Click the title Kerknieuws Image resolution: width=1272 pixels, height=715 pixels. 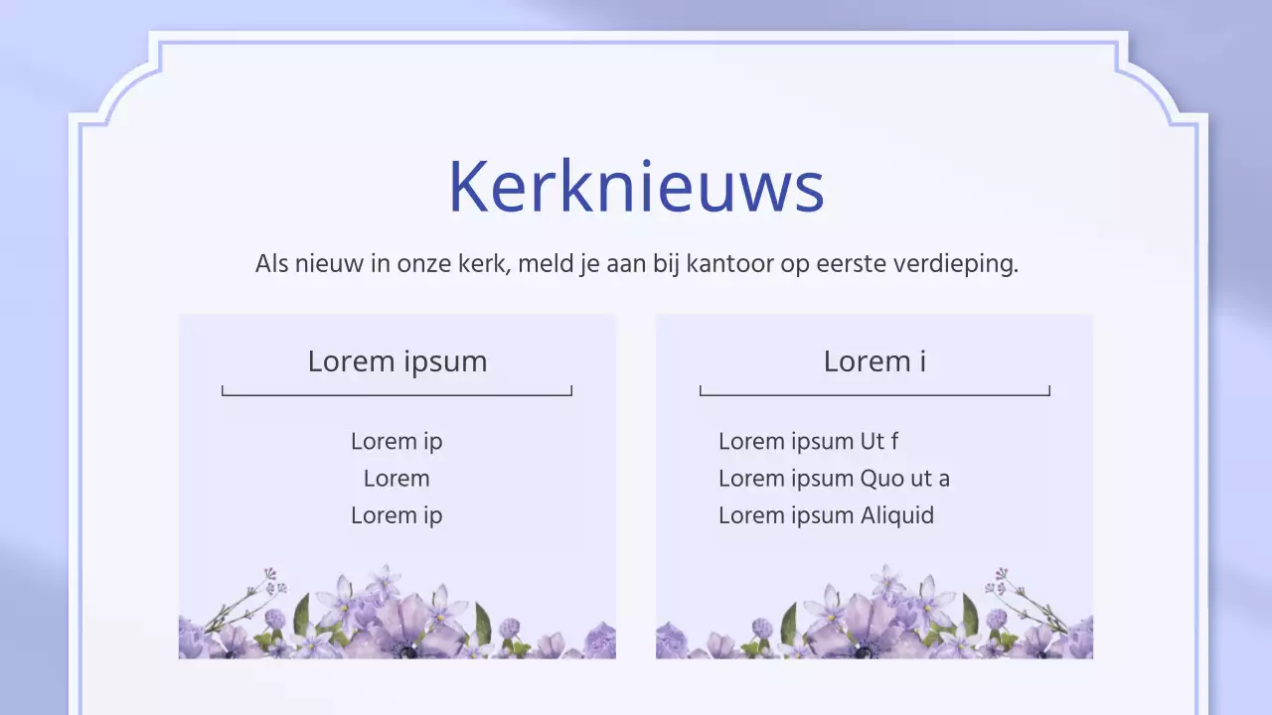click(x=636, y=186)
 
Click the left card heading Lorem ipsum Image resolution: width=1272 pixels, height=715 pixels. click(x=397, y=361)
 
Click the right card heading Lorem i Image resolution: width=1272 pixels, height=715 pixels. click(x=874, y=361)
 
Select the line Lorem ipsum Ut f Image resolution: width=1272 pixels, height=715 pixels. click(x=808, y=441)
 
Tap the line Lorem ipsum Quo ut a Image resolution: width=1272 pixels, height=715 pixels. click(x=834, y=479)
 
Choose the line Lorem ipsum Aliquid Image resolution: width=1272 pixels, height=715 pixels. click(x=826, y=515)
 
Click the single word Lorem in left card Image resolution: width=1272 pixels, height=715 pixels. click(x=397, y=479)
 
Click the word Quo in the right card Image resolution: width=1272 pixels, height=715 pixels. click(x=882, y=479)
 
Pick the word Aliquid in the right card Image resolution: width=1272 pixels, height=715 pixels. click(x=897, y=515)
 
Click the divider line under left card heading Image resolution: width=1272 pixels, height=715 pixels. click(x=397, y=394)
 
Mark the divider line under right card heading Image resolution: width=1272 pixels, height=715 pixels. click(x=874, y=394)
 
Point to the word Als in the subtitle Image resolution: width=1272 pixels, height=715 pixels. click(x=271, y=264)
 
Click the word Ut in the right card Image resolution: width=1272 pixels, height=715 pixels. click(x=873, y=441)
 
